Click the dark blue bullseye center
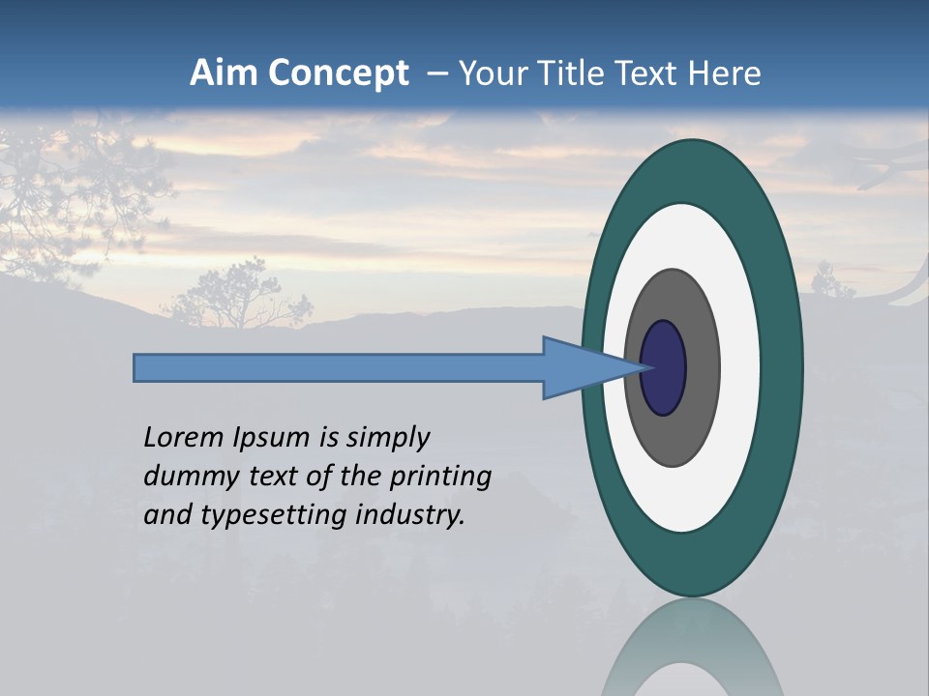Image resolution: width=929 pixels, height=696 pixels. click(664, 368)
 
